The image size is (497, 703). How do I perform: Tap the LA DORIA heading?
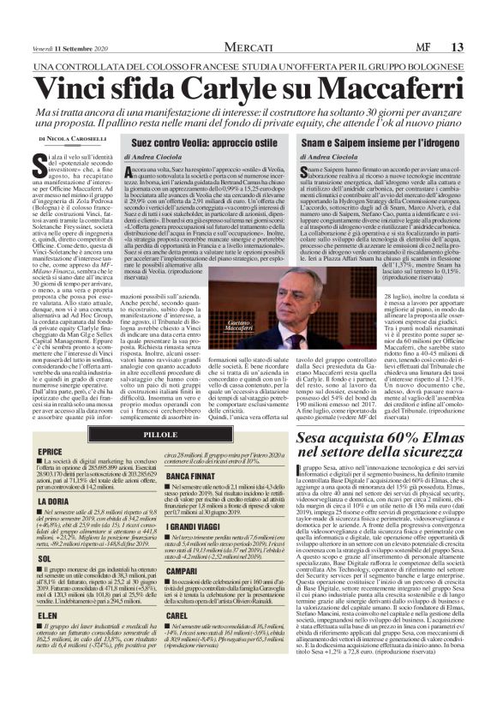(55, 500)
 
